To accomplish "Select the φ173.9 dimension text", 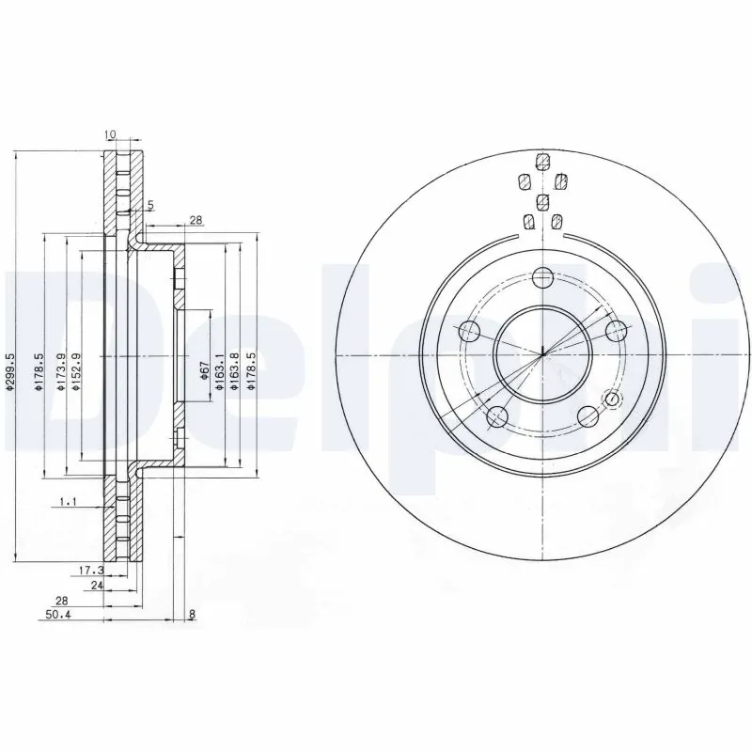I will [x=61, y=372].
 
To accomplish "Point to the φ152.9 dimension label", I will [x=76, y=372].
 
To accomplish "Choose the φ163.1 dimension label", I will [x=219, y=372].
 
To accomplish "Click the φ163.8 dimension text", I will [x=234, y=372].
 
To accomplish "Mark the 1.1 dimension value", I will [x=68, y=503].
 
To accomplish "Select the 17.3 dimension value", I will [x=89, y=570].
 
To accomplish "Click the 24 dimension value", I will [x=95, y=585].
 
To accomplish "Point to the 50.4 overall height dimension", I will [x=58, y=616].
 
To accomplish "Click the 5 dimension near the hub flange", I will [x=149, y=205].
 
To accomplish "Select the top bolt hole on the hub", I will [x=542, y=277].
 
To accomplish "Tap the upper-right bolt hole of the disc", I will [x=617, y=331].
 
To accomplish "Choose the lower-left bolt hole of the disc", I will [x=497, y=416].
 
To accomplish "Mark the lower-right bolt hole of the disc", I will [x=588, y=416].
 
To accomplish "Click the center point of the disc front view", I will [x=543, y=354].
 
